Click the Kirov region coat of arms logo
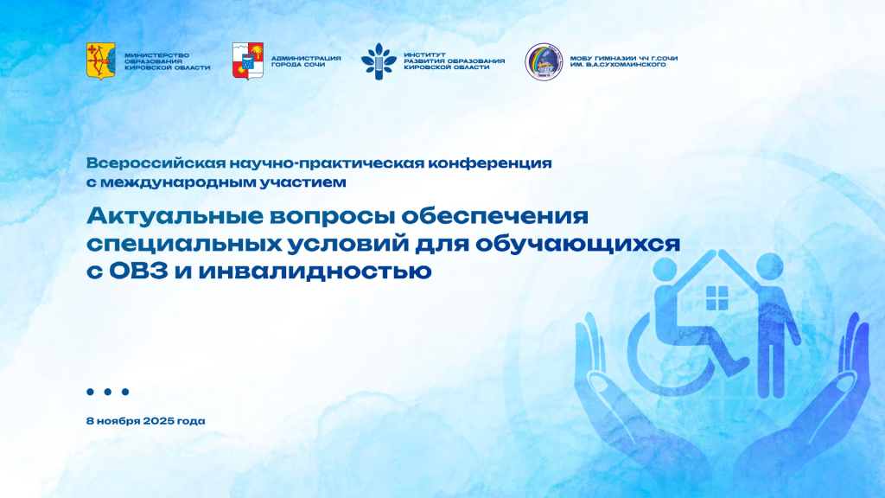point(100,61)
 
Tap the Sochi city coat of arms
point(248,61)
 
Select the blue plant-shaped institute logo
point(379,61)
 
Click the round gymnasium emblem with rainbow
point(544,61)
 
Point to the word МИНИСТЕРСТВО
point(157,55)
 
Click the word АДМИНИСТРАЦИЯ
point(306,58)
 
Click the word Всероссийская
point(156,163)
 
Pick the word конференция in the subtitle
point(490,163)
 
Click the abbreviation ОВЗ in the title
point(138,271)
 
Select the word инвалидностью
point(315,271)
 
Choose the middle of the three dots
point(108,392)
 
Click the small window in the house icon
point(716,297)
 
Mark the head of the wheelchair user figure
point(665,270)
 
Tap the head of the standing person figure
point(770,266)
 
